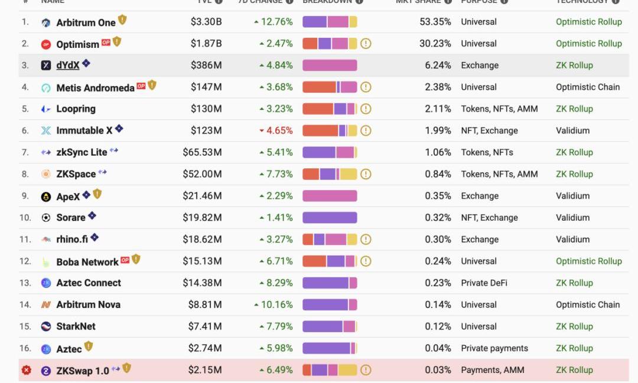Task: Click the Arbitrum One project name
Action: pyautogui.click(x=86, y=22)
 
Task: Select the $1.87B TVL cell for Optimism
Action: pyautogui.click(x=206, y=44)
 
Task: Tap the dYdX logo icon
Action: pyautogui.click(x=46, y=66)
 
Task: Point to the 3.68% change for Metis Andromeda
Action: pyautogui.click(x=276, y=87)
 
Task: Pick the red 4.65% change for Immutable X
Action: pyautogui.click(x=276, y=130)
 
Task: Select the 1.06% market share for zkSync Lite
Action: pyautogui.click(x=438, y=152)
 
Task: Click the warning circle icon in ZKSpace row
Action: pyautogui.click(x=366, y=174)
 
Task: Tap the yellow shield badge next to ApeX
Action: pyautogui.click(x=97, y=194)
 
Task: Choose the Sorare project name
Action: pyautogui.click(x=71, y=218)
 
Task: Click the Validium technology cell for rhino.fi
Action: pyautogui.click(x=572, y=239)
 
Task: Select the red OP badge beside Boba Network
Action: pyautogui.click(x=125, y=260)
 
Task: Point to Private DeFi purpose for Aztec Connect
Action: pyautogui.click(x=484, y=283)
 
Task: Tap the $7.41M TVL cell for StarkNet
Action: pyautogui.click(x=206, y=326)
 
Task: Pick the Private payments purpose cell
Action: pyautogui.click(x=494, y=348)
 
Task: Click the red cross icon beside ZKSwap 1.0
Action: pyautogui.click(x=27, y=370)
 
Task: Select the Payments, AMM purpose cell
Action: pyautogui.click(x=492, y=370)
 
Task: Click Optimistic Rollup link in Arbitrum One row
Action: pyautogui.click(x=588, y=22)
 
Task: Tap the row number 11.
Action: pyautogui.click(x=25, y=239)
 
